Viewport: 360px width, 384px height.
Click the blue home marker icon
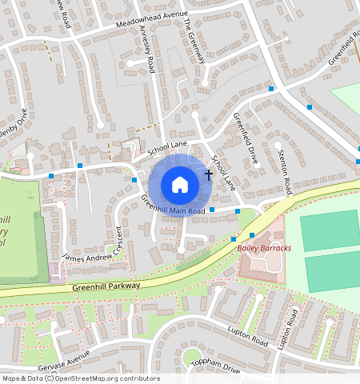[x=180, y=185]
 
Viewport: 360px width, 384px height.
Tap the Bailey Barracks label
[x=264, y=249]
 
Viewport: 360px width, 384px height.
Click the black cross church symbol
[x=209, y=174]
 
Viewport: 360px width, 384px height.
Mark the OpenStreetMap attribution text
[x=80, y=378]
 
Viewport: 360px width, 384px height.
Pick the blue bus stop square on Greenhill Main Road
[x=212, y=210]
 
